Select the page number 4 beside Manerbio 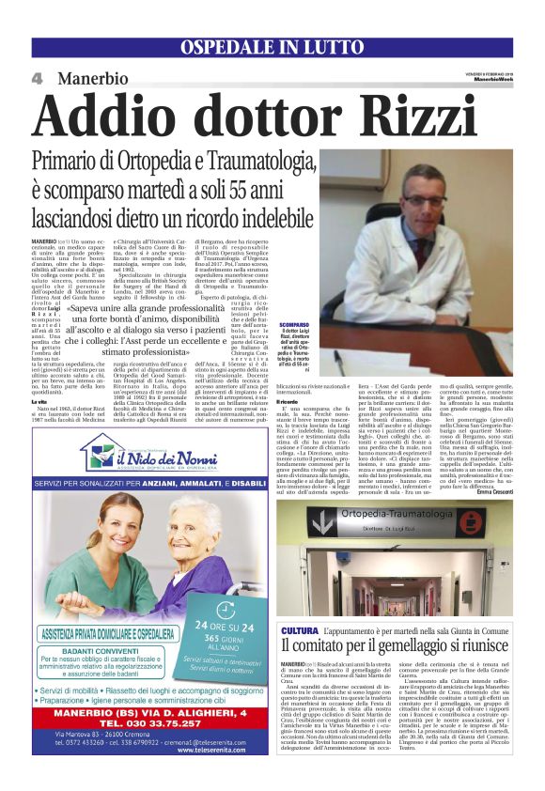[x=38, y=78]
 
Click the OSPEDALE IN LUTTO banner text [x=272, y=47]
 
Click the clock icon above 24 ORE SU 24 [x=224, y=585]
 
